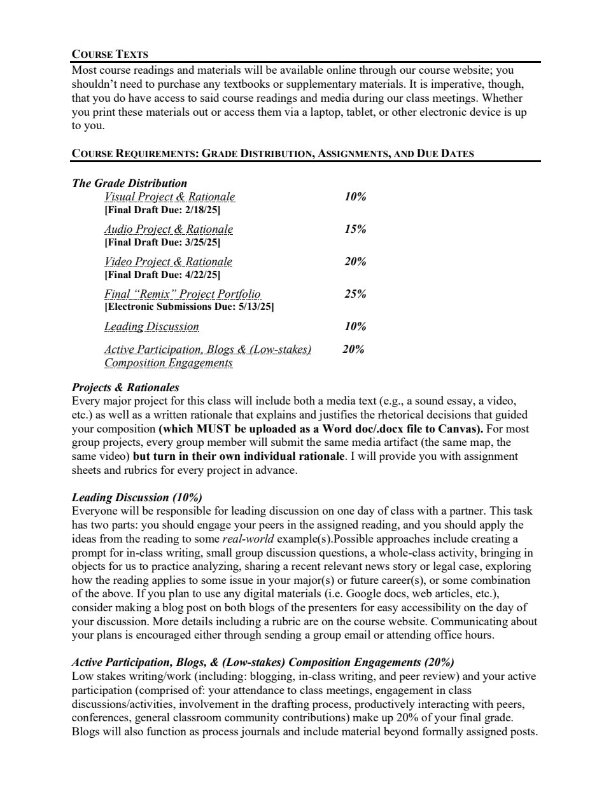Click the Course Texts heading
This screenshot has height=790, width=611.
[x=110, y=54]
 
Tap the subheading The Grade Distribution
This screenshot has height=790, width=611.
[x=129, y=183]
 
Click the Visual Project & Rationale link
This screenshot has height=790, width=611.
[x=169, y=197]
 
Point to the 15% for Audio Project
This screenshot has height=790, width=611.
[x=355, y=229]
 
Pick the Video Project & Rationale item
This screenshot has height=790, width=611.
[x=168, y=261]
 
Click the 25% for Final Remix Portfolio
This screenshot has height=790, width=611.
[x=355, y=294]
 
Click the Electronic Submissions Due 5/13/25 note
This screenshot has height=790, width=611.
[x=189, y=307]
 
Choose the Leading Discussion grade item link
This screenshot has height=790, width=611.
[x=151, y=326]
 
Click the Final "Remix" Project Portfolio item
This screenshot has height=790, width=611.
[x=182, y=294]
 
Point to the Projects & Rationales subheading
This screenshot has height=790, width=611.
[x=125, y=387]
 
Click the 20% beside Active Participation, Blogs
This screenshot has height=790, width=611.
[x=353, y=349]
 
